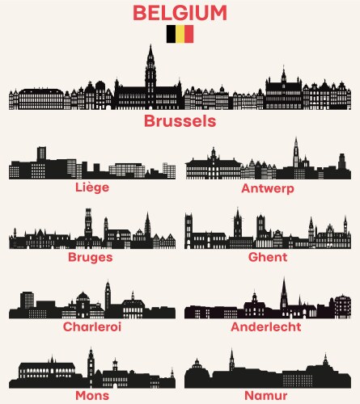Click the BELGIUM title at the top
(x=180, y=12)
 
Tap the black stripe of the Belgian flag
(x=171, y=34)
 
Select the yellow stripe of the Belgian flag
(x=180, y=34)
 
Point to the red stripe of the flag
(x=188, y=34)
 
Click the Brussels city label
(x=180, y=121)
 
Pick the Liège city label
(x=91, y=187)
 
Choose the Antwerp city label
(x=267, y=188)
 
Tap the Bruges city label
(x=91, y=257)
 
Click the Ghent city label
(x=268, y=257)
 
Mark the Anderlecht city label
(x=266, y=326)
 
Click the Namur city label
(x=266, y=396)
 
